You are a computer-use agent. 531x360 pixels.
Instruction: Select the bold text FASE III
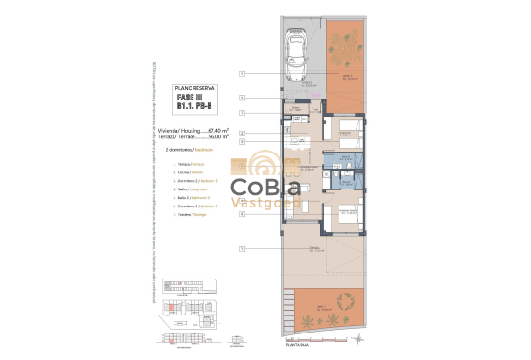(x=190, y=97)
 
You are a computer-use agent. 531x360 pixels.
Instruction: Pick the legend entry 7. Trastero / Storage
(x=192, y=213)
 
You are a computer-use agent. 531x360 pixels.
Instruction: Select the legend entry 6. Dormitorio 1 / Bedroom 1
(x=196, y=206)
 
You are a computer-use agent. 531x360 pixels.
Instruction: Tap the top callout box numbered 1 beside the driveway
(x=243, y=74)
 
